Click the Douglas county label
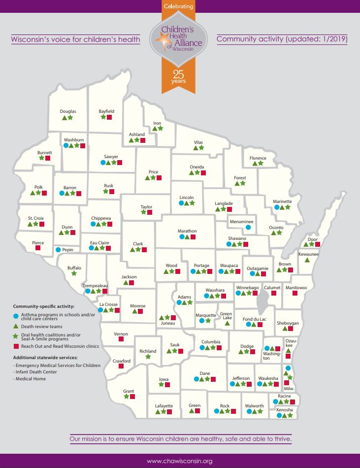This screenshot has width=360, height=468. pyautogui.click(x=68, y=111)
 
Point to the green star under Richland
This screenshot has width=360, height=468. pyautogui.click(x=148, y=357)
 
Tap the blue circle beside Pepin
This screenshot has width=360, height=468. pyautogui.click(x=58, y=250)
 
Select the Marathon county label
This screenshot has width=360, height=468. pyautogui.click(x=187, y=231)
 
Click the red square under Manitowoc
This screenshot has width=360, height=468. pyautogui.click(x=295, y=293)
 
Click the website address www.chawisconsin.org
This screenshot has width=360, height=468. pyautogui.click(x=180, y=461)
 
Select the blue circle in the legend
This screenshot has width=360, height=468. pyautogui.click(x=16, y=315)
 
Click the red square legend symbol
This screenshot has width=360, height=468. pyautogui.click(x=16, y=346)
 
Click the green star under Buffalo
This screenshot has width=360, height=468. pyautogui.click(x=74, y=274)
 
